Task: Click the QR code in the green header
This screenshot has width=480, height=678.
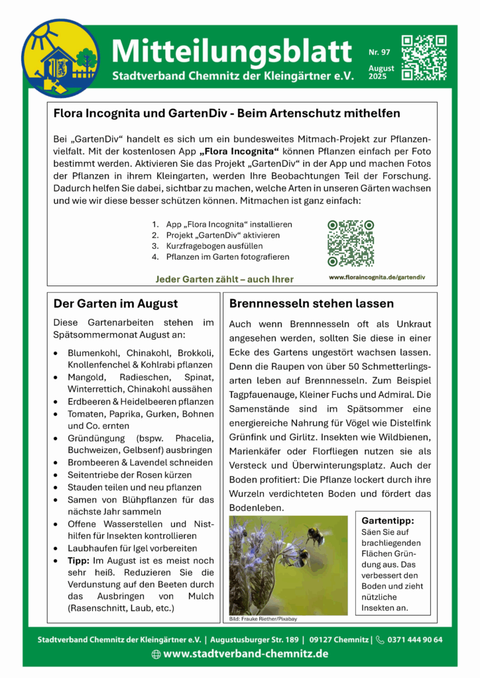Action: click(424, 57)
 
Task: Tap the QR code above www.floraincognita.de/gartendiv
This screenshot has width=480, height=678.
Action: click(351, 243)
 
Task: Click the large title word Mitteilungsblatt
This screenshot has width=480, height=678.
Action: click(231, 50)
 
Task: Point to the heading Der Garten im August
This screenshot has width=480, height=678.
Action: click(115, 304)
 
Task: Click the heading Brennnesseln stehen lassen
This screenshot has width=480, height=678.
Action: click(312, 304)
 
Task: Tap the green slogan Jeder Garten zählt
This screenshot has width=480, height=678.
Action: click(224, 279)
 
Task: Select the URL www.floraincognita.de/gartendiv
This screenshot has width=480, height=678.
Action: click(377, 277)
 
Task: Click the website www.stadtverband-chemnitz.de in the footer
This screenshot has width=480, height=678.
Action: click(246, 654)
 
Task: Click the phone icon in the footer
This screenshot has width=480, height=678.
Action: click(380, 640)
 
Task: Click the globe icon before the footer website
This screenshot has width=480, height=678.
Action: click(156, 654)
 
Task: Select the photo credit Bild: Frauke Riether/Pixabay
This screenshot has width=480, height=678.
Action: click(263, 618)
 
